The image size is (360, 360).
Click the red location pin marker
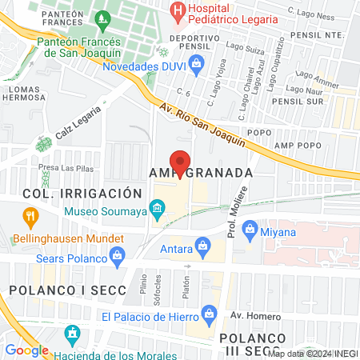181,162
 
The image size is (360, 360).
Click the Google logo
26,350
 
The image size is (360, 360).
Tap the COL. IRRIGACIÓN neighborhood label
71,194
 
